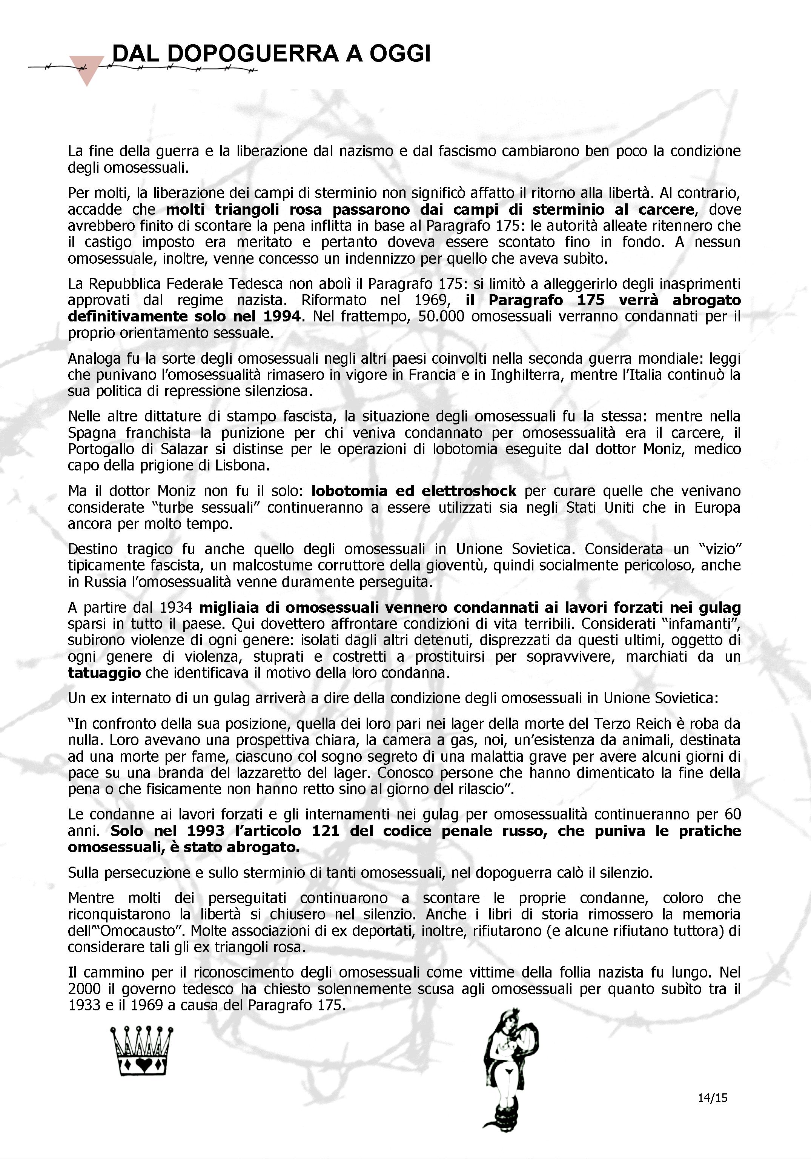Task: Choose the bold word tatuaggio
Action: point(104,673)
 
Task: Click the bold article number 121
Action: point(326,831)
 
